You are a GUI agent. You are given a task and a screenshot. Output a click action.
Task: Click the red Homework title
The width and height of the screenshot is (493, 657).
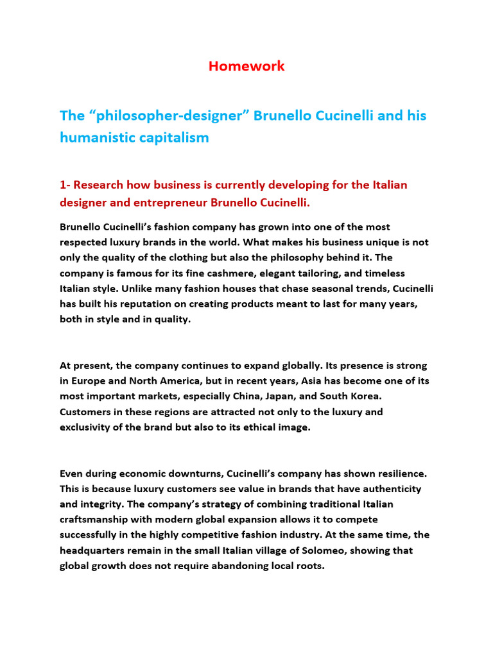click(246, 66)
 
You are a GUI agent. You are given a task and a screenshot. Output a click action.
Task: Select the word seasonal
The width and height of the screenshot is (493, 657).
click(298, 289)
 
